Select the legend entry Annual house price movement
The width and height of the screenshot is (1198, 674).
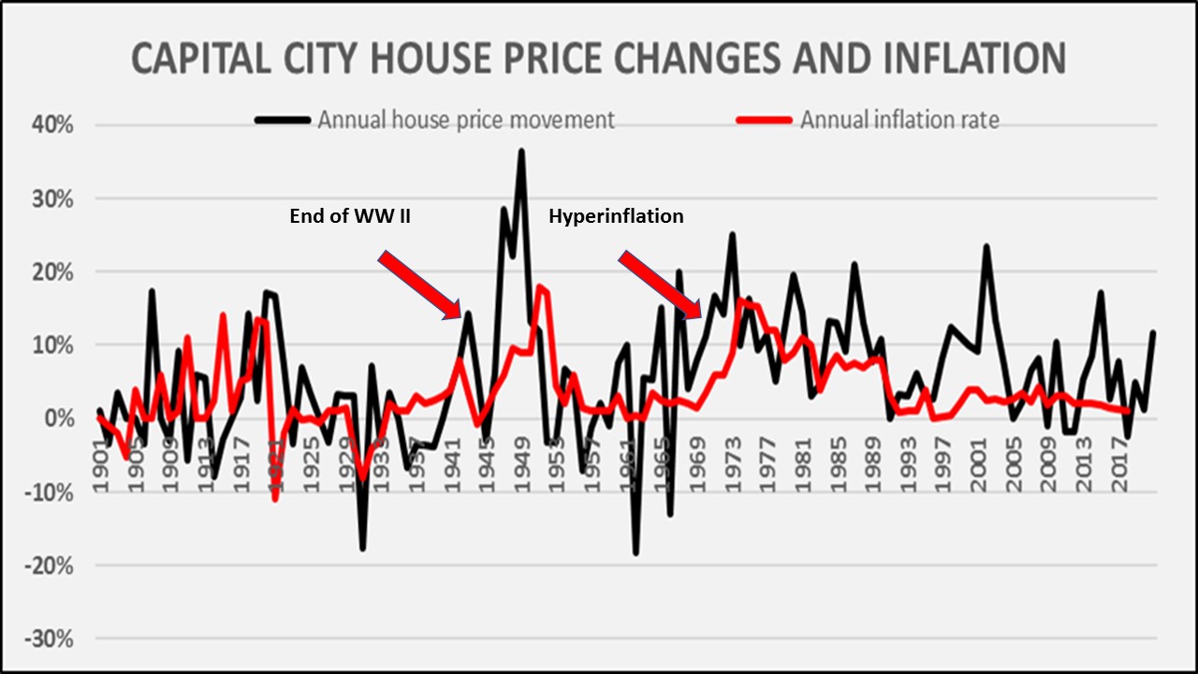click(465, 120)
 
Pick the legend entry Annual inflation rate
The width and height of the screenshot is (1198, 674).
click(899, 120)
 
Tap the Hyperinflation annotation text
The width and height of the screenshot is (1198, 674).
click(616, 216)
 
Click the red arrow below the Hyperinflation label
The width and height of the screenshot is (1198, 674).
click(660, 286)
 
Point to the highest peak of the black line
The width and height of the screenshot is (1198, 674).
click(521, 151)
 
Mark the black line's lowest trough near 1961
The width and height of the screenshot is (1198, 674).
click(636, 553)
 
